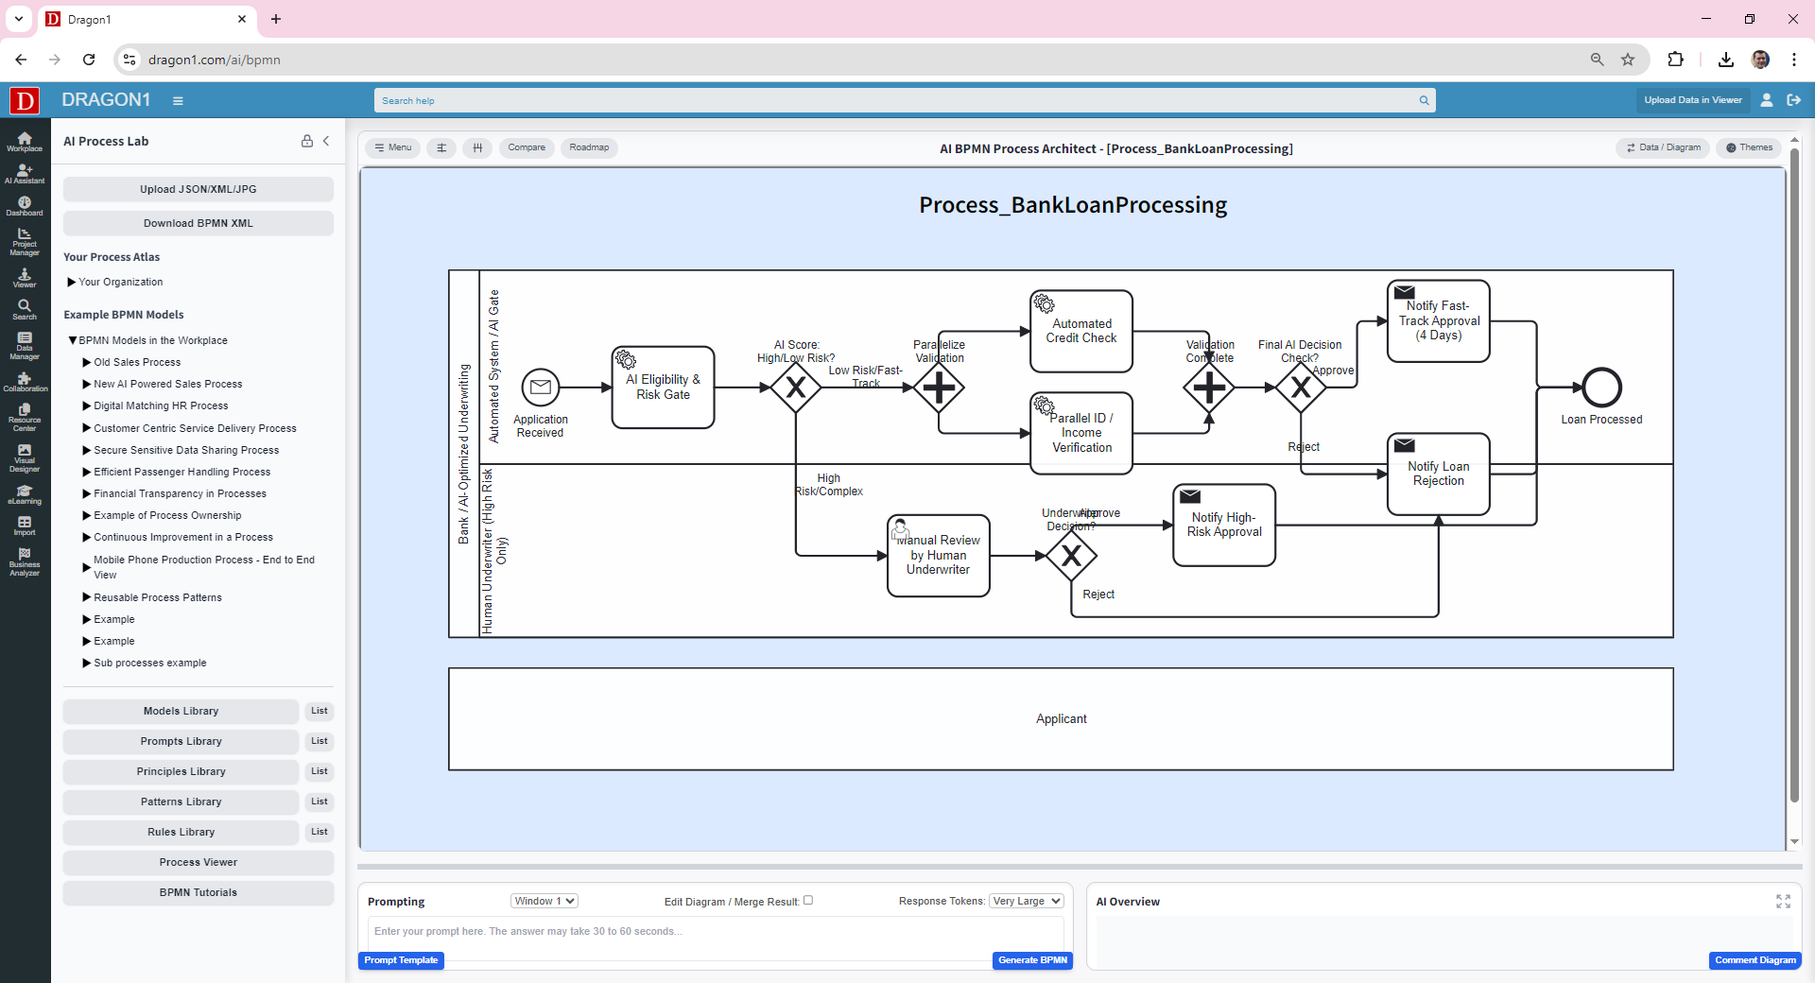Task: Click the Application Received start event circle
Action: click(x=541, y=388)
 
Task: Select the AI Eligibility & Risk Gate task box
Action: click(x=663, y=388)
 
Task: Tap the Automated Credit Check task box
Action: click(x=1081, y=331)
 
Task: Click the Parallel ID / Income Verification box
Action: click(x=1081, y=433)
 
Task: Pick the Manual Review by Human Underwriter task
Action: click(x=938, y=556)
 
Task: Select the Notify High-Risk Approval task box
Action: click(x=1224, y=526)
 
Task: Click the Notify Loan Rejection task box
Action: click(x=1438, y=474)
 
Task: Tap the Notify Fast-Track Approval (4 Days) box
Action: click(x=1438, y=321)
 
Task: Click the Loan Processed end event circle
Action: click(x=1601, y=388)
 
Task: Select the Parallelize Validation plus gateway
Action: click(x=939, y=388)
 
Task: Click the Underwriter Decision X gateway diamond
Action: click(x=1071, y=556)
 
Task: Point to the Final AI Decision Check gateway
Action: click(x=1301, y=388)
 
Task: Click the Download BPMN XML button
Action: click(x=199, y=223)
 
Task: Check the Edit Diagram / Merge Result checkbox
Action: click(x=808, y=900)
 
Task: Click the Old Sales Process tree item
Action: click(x=137, y=362)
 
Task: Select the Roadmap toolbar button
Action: click(x=589, y=147)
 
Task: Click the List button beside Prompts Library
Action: click(x=320, y=741)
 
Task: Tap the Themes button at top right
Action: click(x=1749, y=147)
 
